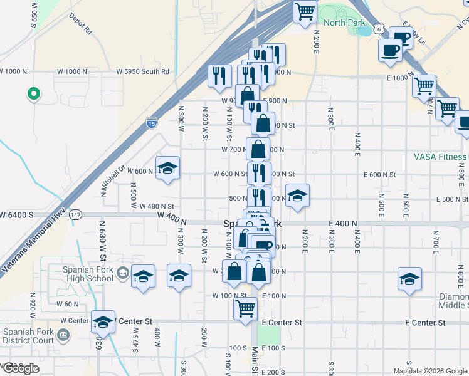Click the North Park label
[344, 23]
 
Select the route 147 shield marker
[76, 214]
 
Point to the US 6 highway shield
[379, 29]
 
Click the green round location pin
[33, 95]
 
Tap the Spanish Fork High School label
[88, 274]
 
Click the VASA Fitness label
[440, 157]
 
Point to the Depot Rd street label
[80, 23]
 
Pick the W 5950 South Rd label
[143, 71]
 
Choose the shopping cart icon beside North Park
[305, 11]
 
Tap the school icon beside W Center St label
[103, 321]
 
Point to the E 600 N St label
[380, 174]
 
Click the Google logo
[20, 368]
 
